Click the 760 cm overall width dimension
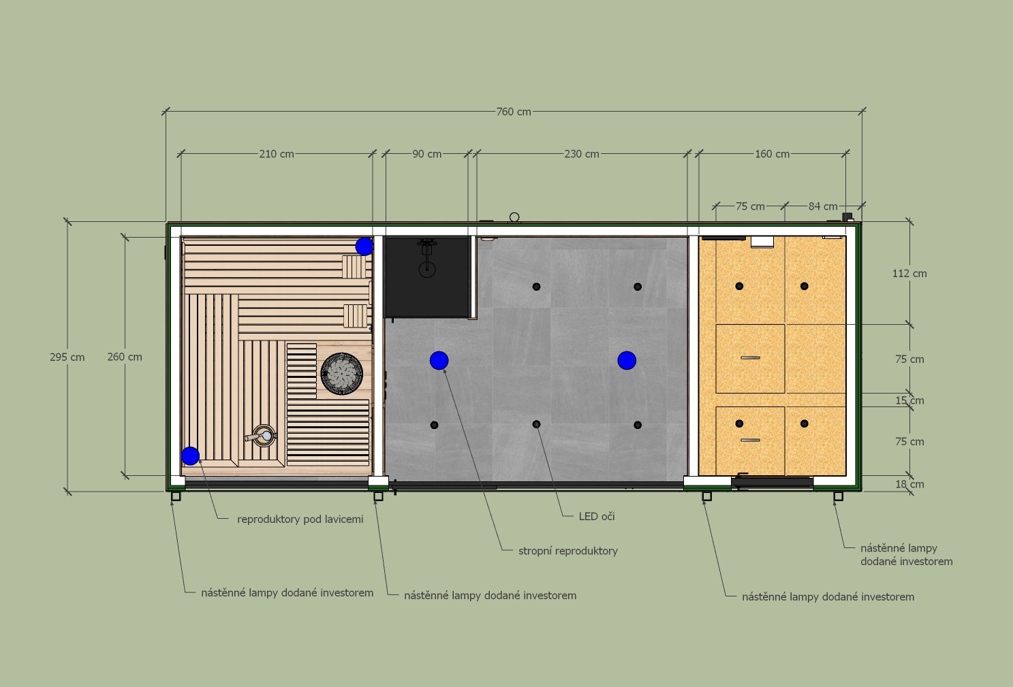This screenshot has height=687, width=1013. (x=513, y=112)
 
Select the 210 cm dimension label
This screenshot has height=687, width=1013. (x=277, y=154)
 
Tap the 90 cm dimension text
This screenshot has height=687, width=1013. (x=426, y=154)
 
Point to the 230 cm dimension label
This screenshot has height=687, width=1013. (x=582, y=154)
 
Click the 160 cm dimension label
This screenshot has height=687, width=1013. (x=772, y=154)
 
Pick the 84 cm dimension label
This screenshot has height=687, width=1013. (x=823, y=206)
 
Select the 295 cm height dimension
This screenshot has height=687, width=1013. (x=67, y=357)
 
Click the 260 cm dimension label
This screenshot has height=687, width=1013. (x=125, y=357)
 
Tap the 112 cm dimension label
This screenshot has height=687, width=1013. (x=909, y=274)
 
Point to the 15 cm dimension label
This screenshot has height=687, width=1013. (x=909, y=401)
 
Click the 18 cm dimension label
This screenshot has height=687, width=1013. (x=909, y=485)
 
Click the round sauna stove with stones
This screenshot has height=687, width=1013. (x=341, y=374)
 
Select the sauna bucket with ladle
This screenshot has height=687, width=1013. (x=262, y=436)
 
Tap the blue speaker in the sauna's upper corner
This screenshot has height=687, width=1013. (x=364, y=246)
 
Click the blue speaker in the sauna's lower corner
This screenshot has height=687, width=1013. (x=190, y=456)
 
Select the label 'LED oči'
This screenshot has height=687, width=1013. (x=597, y=517)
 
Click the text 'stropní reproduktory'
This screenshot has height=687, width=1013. (x=567, y=551)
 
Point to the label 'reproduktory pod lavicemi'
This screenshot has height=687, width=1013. (x=300, y=520)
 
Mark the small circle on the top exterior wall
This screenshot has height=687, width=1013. (x=514, y=217)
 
